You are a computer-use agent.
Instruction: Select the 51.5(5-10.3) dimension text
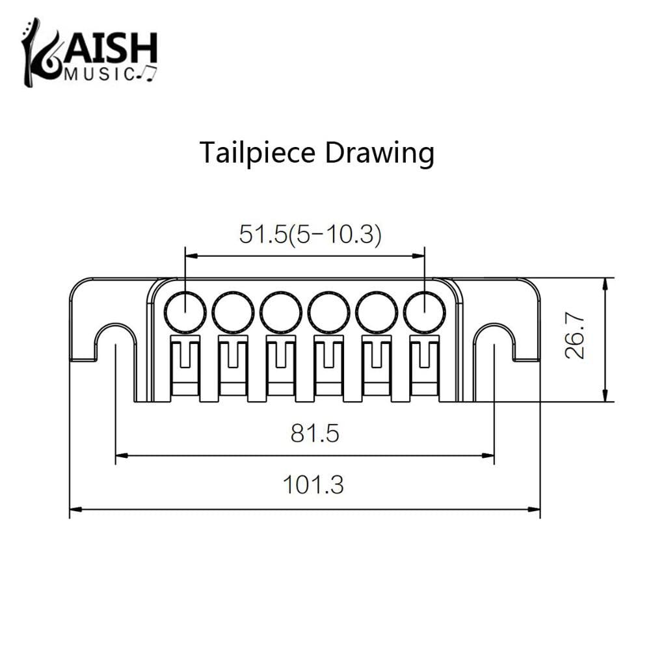[x=310, y=233]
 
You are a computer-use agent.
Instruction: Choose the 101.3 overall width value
[x=313, y=485]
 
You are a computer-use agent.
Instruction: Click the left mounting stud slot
[x=116, y=341]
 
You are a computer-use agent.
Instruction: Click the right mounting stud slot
[x=494, y=341]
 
